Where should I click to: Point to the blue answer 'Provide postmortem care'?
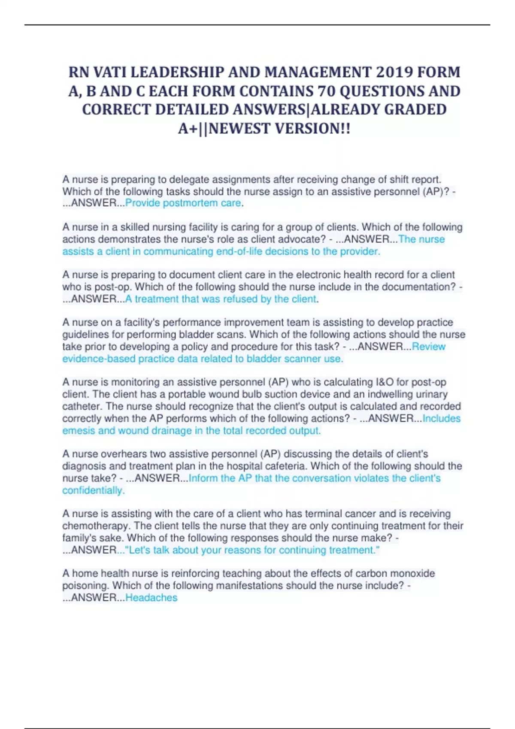click(x=183, y=203)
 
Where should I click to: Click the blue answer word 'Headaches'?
click(x=151, y=598)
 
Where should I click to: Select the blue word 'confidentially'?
click(x=93, y=491)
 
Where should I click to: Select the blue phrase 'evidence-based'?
click(x=99, y=359)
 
